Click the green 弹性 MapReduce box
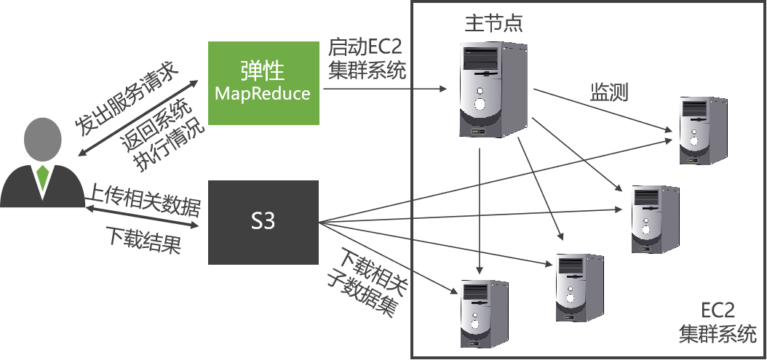263,82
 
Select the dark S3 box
263,222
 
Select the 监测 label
609,92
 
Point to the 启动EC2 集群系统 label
366,59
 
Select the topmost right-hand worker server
702,131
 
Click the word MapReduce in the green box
263,94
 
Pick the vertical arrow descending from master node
480,211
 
